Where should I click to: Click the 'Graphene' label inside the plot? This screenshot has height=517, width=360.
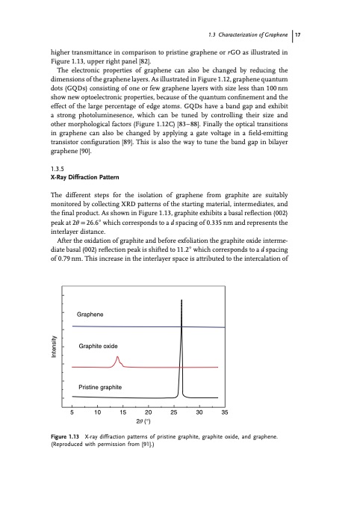(x=95, y=315)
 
